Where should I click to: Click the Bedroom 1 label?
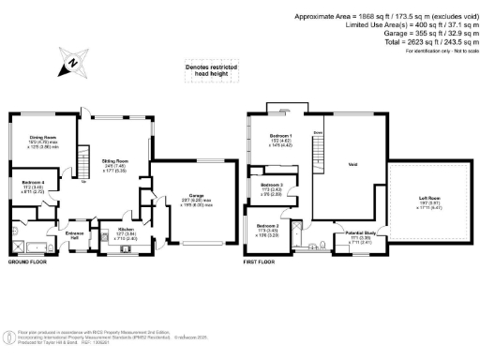click(x=278, y=137)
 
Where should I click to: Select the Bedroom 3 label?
click(x=271, y=186)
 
